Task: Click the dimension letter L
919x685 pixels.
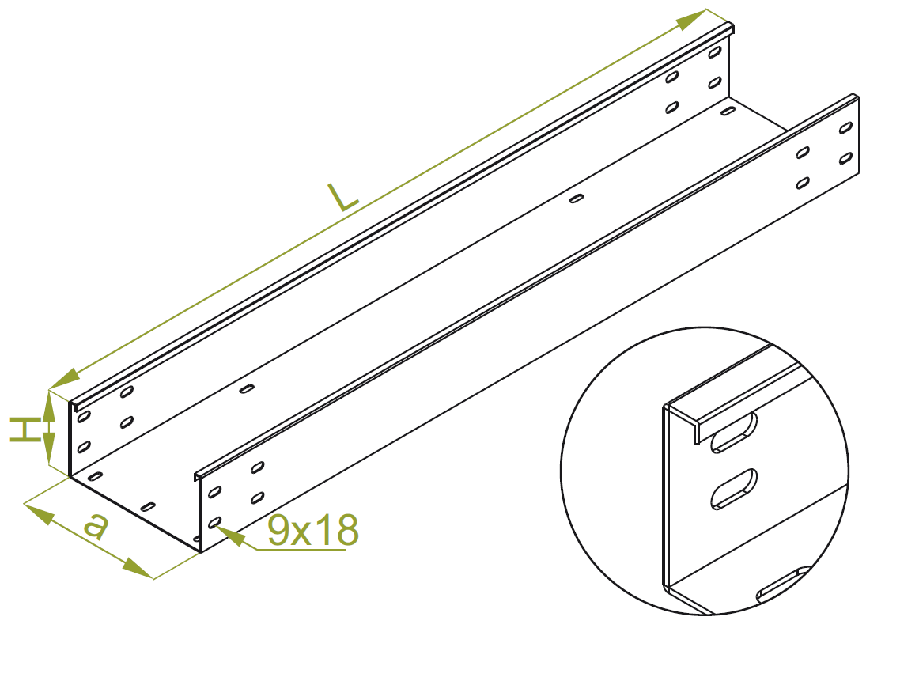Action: click(x=343, y=198)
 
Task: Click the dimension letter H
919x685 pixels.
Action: click(x=24, y=430)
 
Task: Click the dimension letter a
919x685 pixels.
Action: click(x=96, y=526)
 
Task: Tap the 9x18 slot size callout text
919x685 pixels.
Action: click(x=312, y=530)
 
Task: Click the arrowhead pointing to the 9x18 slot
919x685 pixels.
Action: click(x=231, y=536)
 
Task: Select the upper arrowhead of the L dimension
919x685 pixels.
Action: click(x=690, y=21)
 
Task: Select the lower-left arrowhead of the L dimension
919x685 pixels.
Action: click(x=65, y=379)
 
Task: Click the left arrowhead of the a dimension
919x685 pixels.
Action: click(x=39, y=513)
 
